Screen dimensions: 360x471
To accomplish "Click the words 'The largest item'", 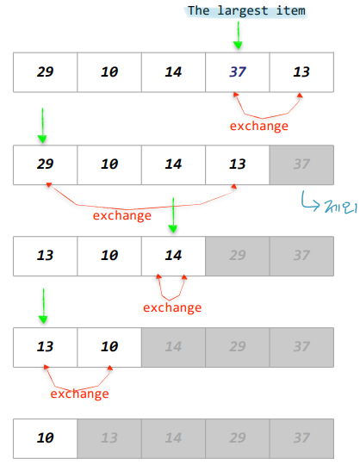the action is click(246, 11).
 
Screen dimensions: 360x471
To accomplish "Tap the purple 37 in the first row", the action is click(238, 71).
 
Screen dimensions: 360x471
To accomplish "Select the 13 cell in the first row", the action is click(301, 72).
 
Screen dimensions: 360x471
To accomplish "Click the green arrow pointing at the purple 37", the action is click(238, 35).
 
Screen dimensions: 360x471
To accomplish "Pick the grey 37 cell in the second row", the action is click(301, 164).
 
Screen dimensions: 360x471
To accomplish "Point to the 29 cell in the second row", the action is click(45, 164).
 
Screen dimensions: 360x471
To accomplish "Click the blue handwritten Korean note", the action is click(341, 207).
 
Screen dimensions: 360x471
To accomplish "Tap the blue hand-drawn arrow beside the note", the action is click(309, 202).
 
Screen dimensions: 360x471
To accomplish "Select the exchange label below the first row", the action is click(259, 126).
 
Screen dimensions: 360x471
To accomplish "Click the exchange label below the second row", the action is click(122, 215).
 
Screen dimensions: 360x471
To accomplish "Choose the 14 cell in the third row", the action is click(173, 256).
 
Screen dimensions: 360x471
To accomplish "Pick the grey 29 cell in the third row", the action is click(238, 256).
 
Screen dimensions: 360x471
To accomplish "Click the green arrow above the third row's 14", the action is click(173, 215).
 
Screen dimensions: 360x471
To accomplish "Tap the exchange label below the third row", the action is click(172, 307).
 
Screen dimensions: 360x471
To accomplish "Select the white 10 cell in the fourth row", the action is click(109, 347).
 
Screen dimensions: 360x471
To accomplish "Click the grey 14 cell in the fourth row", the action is click(173, 347).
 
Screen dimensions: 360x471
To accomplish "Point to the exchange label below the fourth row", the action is click(79, 394).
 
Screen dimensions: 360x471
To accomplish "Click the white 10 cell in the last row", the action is click(45, 438).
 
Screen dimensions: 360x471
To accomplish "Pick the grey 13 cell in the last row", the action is click(109, 438).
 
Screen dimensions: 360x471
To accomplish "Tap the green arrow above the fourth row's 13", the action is click(43, 306).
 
